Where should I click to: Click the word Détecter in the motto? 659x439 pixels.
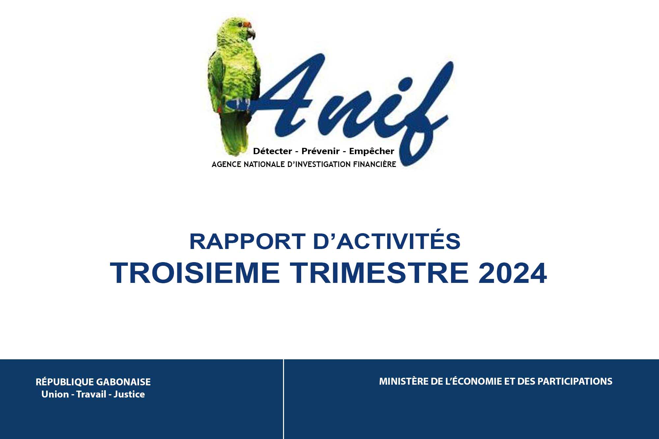[x=272, y=151]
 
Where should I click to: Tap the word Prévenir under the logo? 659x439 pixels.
[x=321, y=151]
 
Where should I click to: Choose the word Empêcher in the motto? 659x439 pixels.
[x=372, y=151]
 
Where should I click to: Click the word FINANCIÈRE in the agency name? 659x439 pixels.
[x=375, y=164]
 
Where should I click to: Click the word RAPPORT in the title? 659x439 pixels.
[x=247, y=241]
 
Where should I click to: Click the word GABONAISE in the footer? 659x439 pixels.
[x=124, y=382]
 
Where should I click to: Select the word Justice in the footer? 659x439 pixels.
[x=129, y=394]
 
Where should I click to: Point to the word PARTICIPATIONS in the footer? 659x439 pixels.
[x=575, y=381]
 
